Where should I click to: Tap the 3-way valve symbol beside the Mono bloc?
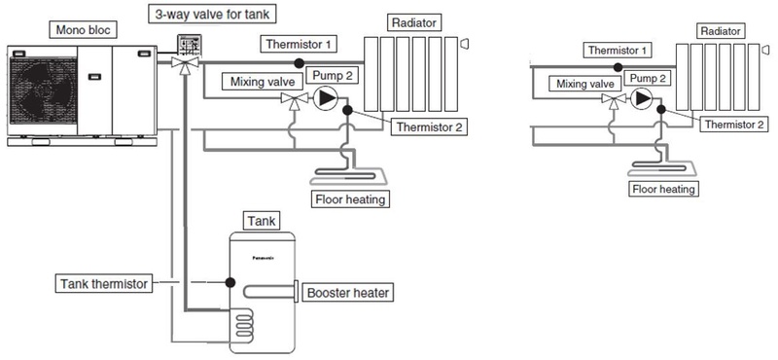point(181,61)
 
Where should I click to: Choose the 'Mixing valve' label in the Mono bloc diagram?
point(256,82)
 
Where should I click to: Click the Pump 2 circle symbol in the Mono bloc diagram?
point(328,98)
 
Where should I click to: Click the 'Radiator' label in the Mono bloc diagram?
point(410,20)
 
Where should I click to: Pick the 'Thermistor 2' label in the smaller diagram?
point(736,125)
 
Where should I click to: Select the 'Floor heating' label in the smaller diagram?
point(663,189)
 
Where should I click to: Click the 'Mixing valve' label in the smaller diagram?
point(583,85)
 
